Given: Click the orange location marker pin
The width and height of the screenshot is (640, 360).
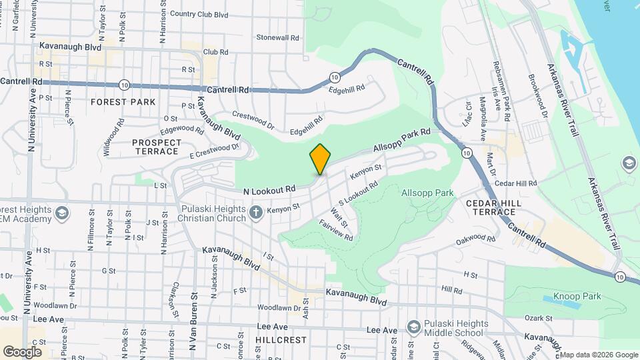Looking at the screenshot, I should (320, 159).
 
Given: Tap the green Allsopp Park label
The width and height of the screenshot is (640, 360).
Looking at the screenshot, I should (427, 193).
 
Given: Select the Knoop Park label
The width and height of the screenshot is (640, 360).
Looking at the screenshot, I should (577, 296).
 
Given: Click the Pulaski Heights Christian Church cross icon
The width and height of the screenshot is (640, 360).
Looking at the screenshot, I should (255, 213).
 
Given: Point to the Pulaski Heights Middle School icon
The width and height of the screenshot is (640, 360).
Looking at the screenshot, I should (414, 327).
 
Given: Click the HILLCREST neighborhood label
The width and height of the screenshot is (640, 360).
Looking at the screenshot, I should (281, 339).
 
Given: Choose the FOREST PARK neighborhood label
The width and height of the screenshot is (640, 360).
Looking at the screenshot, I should (123, 102).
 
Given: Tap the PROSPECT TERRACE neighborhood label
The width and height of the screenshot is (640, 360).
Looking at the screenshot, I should (157, 147).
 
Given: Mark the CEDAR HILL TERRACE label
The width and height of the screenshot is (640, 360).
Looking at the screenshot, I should (491, 207).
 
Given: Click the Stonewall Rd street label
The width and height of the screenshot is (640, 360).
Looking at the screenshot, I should (277, 37).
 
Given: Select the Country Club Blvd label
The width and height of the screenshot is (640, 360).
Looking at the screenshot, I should (199, 13).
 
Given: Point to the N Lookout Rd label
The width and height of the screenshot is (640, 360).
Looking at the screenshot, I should (269, 190).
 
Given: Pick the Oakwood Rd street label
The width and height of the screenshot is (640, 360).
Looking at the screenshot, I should (475, 238).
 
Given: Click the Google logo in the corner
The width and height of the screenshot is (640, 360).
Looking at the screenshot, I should (22, 351).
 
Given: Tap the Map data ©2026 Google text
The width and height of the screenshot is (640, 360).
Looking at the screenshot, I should (597, 355).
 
